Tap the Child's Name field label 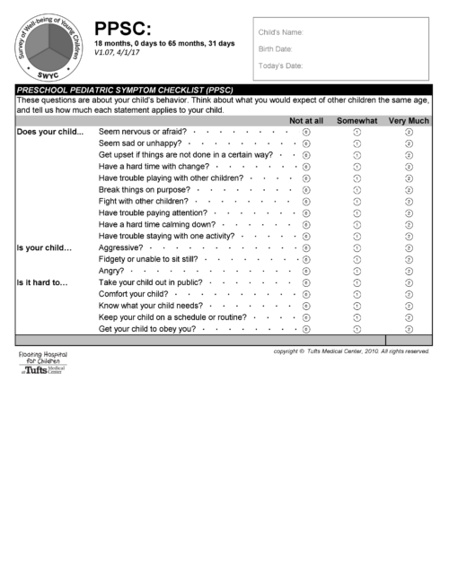pyautogui.click(x=279, y=31)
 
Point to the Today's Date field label pyautogui.click(x=280, y=65)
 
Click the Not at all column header pyautogui.click(x=305, y=120)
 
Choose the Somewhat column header pyautogui.click(x=357, y=120)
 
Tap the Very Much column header pyautogui.click(x=409, y=120)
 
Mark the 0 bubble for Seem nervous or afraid pyautogui.click(x=306, y=132)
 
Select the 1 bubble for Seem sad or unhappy pyautogui.click(x=357, y=143)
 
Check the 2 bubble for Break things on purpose pyautogui.click(x=409, y=190)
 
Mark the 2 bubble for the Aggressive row pyautogui.click(x=409, y=247)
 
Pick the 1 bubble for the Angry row pyautogui.click(x=357, y=271)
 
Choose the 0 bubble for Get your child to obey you pyautogui.click(x=306, y=328)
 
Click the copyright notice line pyautogui.click(x=351, y=351)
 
